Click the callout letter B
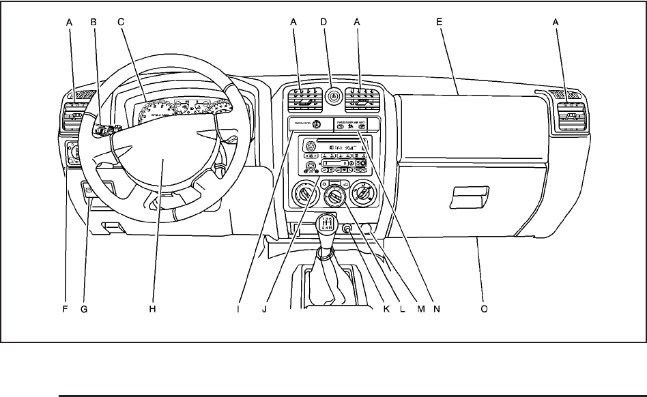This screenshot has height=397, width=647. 94,22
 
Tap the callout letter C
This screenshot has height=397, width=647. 120,22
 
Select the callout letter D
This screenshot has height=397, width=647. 324,22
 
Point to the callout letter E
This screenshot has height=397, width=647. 440,22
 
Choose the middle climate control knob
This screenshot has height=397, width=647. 334,197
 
